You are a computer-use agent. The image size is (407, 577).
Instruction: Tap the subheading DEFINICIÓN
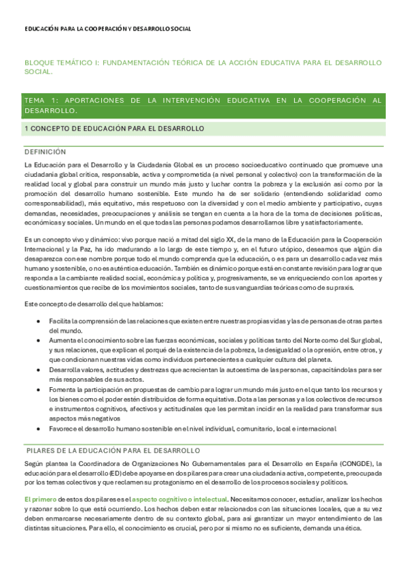point(45,151)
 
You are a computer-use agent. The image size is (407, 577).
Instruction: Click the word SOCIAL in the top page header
point(180,29)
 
